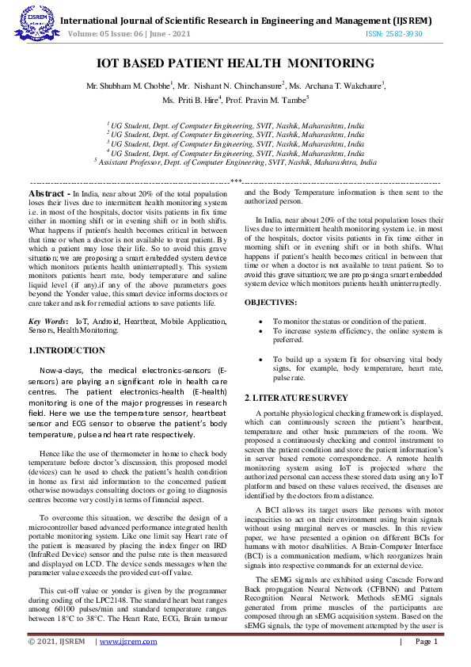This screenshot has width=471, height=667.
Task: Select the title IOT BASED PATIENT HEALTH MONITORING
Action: pyautogui.click(x=235, y=63)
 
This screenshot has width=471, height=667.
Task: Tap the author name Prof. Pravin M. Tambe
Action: pyautogui.click(x=268, y=101)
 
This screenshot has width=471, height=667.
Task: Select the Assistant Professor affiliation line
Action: pyautogui.click(x=235, y=161)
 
